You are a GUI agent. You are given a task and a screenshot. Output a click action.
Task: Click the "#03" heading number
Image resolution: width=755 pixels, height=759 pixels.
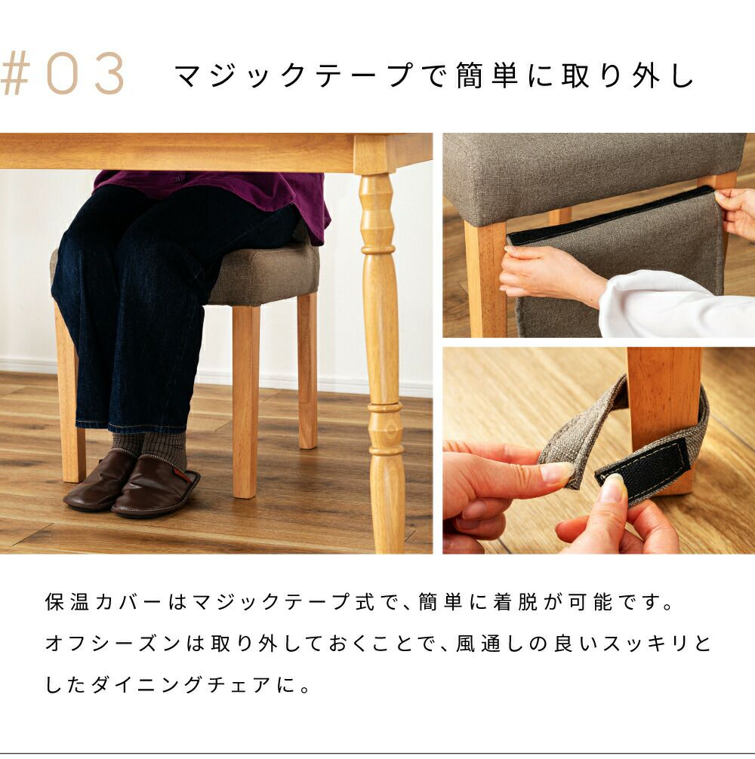pyautogui.click(x=63, y=75)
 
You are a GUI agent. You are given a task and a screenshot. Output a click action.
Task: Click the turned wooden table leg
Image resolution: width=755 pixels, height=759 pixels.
pyautogui.click(x=382, y=349)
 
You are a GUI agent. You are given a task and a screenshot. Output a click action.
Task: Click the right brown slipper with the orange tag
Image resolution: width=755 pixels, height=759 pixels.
pyautogui.click(x=156, y=486)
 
